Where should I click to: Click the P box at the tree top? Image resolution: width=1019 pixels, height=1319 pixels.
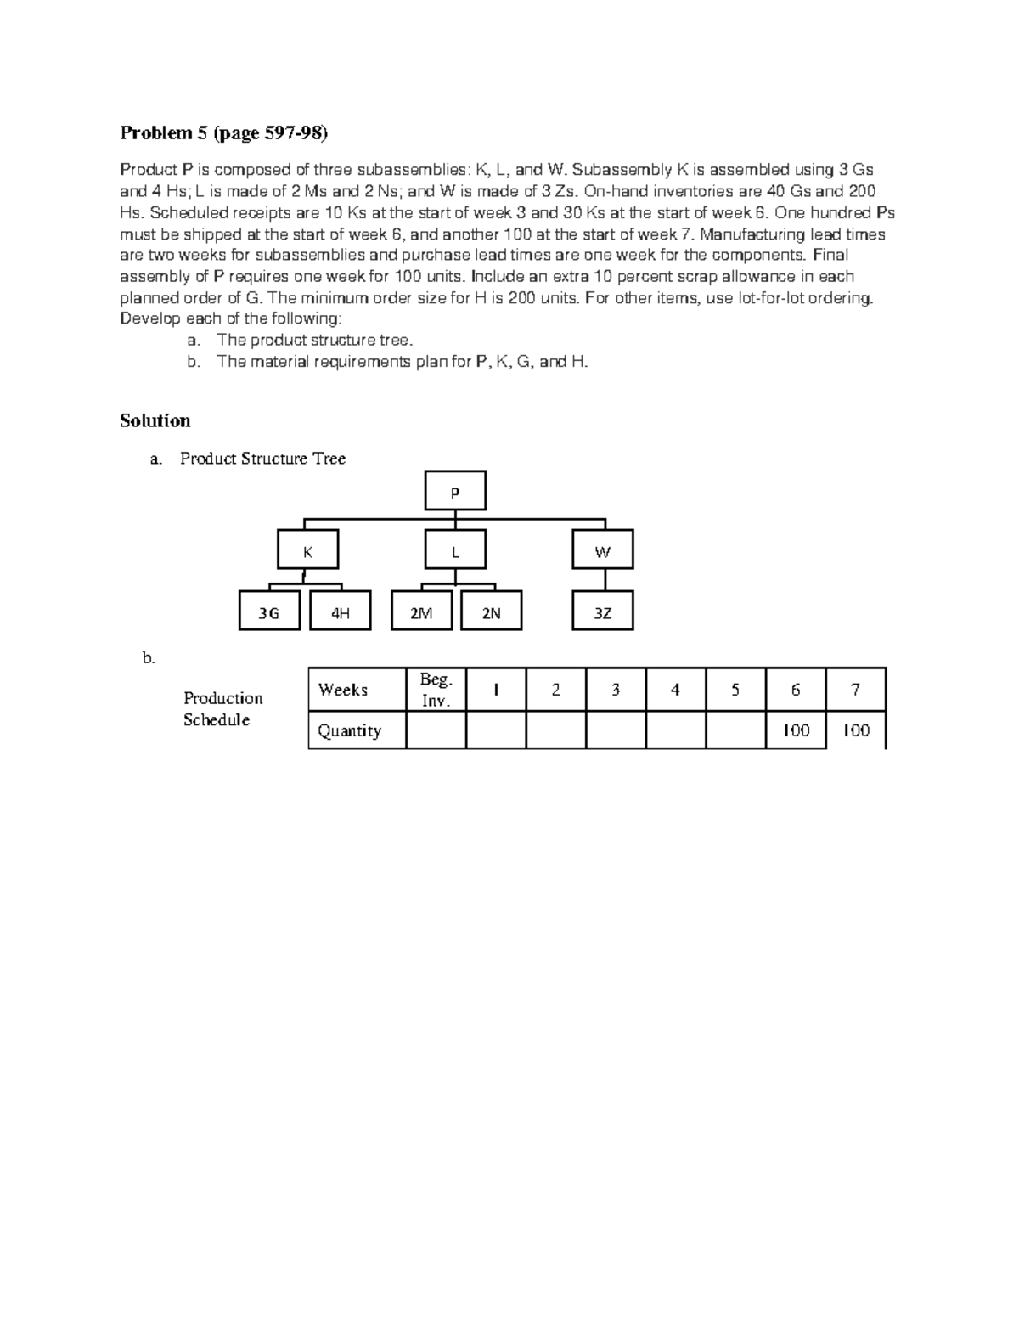(455, 492)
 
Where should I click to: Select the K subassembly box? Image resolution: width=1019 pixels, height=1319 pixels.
(307, 550)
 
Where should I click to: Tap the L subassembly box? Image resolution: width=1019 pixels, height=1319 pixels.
(455, 550)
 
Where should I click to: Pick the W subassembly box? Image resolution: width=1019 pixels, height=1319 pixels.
(602, 550)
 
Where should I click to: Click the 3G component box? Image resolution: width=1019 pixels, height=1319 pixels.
(269, 612)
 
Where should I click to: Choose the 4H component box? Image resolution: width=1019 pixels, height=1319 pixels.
(341, 612)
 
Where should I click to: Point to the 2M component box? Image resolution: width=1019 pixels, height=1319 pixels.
(421, 612)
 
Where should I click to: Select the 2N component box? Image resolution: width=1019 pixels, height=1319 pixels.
(492, 612)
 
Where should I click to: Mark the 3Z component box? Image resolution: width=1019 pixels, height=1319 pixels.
(602, 612)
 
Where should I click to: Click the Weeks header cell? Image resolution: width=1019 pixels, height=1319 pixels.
(357, 690)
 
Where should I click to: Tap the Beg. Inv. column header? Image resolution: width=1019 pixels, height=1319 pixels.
(436, 690)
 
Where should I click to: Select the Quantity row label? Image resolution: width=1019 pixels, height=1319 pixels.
(357, 730)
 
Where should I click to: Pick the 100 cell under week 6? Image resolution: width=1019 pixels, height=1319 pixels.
(796, 730)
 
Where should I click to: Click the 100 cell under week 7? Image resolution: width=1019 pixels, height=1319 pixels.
(856, 730)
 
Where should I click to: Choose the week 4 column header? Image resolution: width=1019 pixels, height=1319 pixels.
(675, 690)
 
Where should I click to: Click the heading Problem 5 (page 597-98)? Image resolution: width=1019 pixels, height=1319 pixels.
(223, 132)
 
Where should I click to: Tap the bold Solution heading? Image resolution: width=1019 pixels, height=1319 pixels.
(155, 420)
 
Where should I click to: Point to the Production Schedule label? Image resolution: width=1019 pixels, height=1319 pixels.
(222, 708)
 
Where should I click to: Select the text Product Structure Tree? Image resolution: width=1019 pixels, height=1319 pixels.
(262, 459)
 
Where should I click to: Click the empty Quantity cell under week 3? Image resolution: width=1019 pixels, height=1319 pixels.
(616, 730)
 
